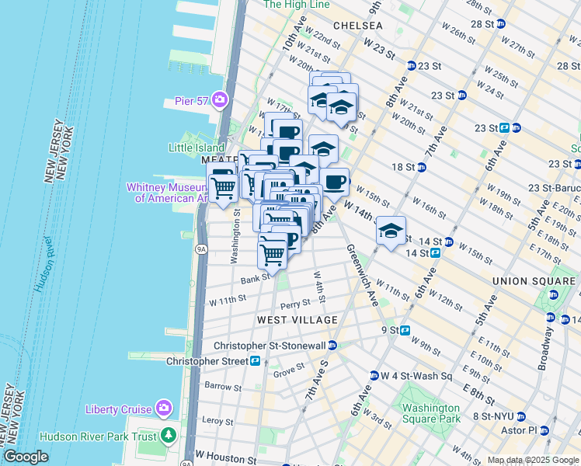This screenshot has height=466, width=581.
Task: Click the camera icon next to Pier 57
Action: click(x=220, y=99)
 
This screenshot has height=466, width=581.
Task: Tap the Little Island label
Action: click(x=197, y=148)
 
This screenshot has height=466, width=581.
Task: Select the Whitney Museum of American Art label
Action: click(x=169, y=193)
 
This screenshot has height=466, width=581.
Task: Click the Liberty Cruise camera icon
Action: click(x=163, y=408)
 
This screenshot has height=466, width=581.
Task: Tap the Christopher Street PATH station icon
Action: click(x=254, y=360)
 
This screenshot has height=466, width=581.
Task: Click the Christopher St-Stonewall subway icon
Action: click(x=332, y=345)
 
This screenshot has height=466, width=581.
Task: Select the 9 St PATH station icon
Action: click(x=405, y=330)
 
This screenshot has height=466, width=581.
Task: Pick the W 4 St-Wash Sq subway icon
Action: click(x=374, y=376)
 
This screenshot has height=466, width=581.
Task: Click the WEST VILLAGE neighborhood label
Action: click(x=298, y=320)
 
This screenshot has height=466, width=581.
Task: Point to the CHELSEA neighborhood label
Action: click(x=357, y=26)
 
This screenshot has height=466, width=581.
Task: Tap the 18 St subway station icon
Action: click(x=422, y=167)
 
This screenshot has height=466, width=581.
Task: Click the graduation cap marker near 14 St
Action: click(x=391, y=231)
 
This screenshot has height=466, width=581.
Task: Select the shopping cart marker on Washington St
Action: click(x=223, y=187)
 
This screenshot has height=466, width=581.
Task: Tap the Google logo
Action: click(x=26, y=457)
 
